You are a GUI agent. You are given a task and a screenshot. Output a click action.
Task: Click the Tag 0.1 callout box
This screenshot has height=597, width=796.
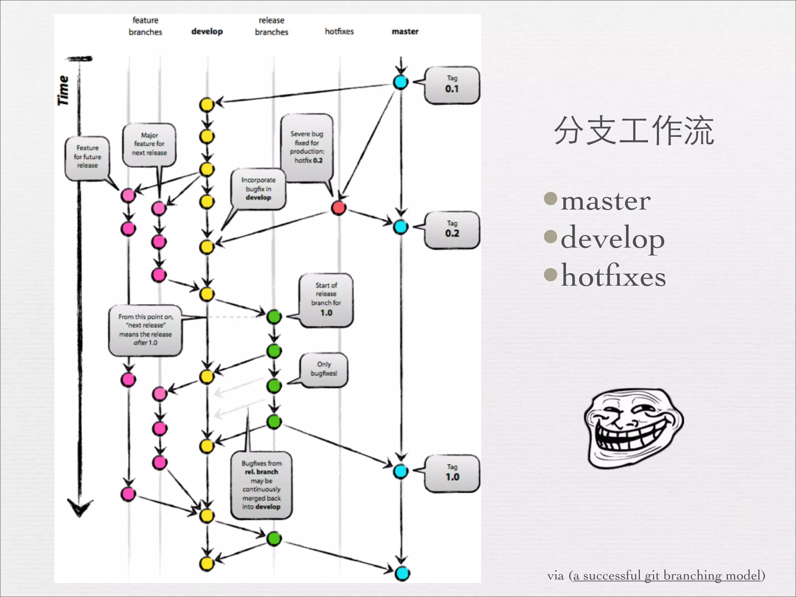pos(452,85)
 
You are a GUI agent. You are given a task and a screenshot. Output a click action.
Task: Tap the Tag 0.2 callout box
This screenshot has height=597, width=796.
pos(452,230)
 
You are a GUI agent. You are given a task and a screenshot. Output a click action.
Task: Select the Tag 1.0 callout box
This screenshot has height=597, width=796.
pos(452,473)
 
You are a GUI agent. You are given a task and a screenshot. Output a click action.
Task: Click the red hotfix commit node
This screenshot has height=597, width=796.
pos(339,208)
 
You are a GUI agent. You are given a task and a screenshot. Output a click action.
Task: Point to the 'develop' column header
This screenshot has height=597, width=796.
pos(207,31)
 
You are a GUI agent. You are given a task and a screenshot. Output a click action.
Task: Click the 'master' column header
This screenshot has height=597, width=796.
pos(405,31)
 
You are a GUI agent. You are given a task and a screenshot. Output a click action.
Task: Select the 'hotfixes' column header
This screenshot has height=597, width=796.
pos(339,31)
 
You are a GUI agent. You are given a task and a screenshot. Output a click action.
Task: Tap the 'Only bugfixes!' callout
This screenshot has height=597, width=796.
pos(324,369)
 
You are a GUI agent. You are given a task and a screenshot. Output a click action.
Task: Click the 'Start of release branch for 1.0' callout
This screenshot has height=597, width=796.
pos(326,300)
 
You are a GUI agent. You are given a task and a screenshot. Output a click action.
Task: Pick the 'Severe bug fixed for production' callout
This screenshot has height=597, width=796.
pos(307,148)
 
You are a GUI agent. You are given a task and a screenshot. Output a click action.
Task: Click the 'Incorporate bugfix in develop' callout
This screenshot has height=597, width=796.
pos(258,189)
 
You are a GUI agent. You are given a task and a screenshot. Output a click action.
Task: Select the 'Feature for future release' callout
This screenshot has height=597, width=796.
pos(87,157)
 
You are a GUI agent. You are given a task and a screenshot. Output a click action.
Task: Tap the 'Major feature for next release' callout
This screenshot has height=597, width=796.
pos(149,145)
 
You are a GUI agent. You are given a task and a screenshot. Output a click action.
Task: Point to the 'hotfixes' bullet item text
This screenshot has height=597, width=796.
pos(613,276)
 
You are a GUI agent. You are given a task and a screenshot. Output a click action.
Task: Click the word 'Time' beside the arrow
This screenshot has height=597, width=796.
pos(63,91)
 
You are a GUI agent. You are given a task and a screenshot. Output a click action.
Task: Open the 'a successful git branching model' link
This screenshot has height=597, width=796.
pos(666,575)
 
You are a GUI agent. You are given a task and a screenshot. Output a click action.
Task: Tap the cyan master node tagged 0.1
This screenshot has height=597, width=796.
pos(401,82)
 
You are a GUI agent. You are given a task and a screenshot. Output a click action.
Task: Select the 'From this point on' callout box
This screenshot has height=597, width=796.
pos(145,330)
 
